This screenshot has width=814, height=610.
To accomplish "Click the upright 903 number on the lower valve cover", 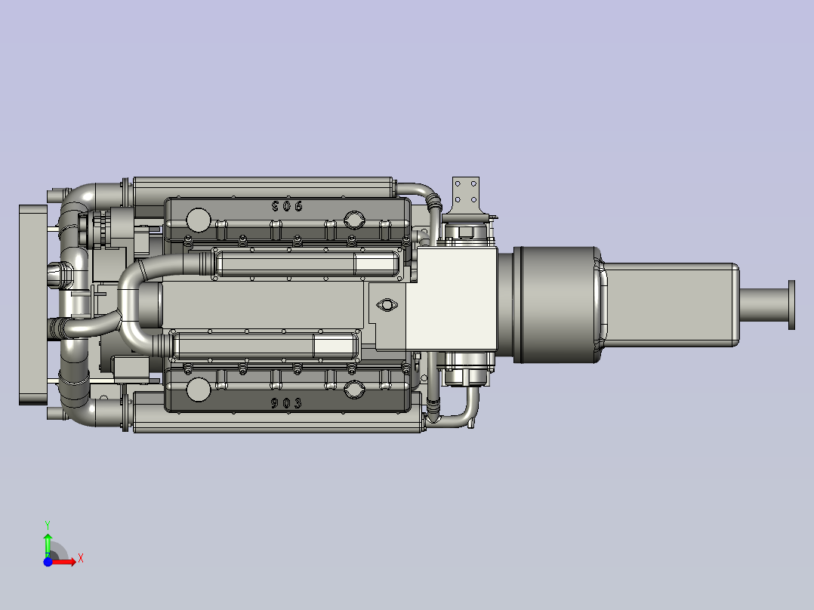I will coord(286,403).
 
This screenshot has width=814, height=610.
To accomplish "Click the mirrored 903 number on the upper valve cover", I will coord(286,205).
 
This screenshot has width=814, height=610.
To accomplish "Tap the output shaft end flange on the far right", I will coord(791,304).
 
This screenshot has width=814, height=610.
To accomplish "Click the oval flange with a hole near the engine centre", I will coord(388,305).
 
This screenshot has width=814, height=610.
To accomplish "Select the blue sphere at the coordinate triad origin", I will coord(48,562).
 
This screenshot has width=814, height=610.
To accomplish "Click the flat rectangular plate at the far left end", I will coord(32,304).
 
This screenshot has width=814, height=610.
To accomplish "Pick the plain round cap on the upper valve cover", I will coord(198,220).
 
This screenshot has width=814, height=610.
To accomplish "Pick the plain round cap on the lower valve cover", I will coord(198,390).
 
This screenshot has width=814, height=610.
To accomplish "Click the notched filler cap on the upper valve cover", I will coord(353,220).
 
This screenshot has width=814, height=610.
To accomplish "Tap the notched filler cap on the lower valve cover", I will coord(353,390).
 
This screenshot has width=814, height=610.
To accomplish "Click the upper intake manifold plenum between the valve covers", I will coord(306,264).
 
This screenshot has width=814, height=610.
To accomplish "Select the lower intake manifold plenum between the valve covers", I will coord(264,346).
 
